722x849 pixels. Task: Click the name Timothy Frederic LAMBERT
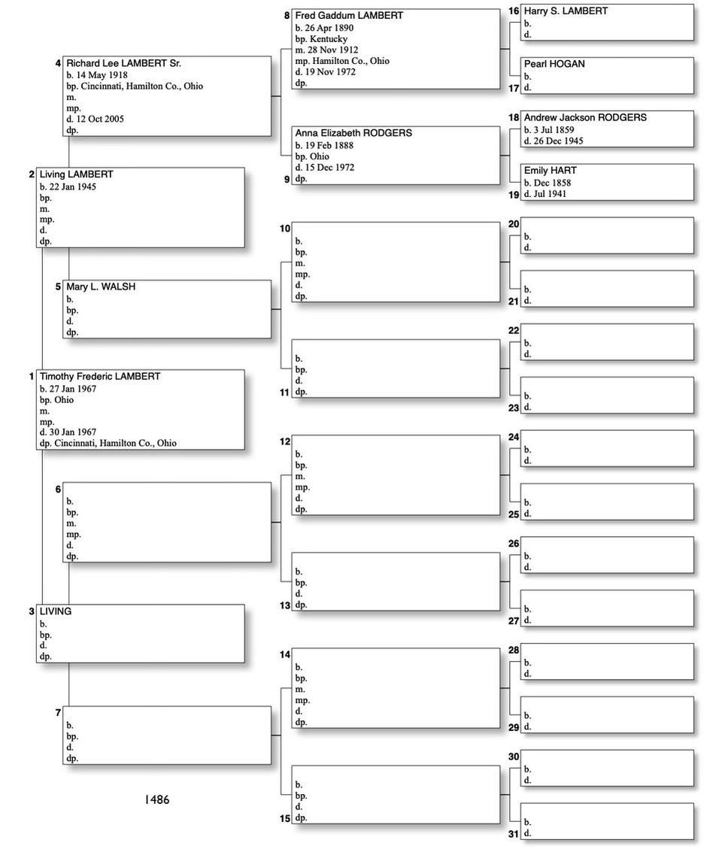point(100,376)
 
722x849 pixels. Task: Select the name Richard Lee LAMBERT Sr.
point(123,63)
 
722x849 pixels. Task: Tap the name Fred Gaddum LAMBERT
point(349,15)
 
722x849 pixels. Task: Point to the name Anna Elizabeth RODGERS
point(353,133)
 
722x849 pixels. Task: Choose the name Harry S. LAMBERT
point(566,11)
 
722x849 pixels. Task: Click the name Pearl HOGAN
point(554,64)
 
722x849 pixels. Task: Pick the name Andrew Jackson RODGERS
point(585,117)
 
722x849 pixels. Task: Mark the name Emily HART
point(551,171)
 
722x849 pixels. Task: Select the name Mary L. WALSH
point(101,287)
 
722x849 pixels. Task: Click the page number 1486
point(157,799)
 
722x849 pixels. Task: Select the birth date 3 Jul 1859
point(554,130)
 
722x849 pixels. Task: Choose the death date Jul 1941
point(551,194)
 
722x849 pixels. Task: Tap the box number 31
point(514,833)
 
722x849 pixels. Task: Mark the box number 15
point(285,818)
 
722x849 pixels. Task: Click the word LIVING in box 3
point(56,611)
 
